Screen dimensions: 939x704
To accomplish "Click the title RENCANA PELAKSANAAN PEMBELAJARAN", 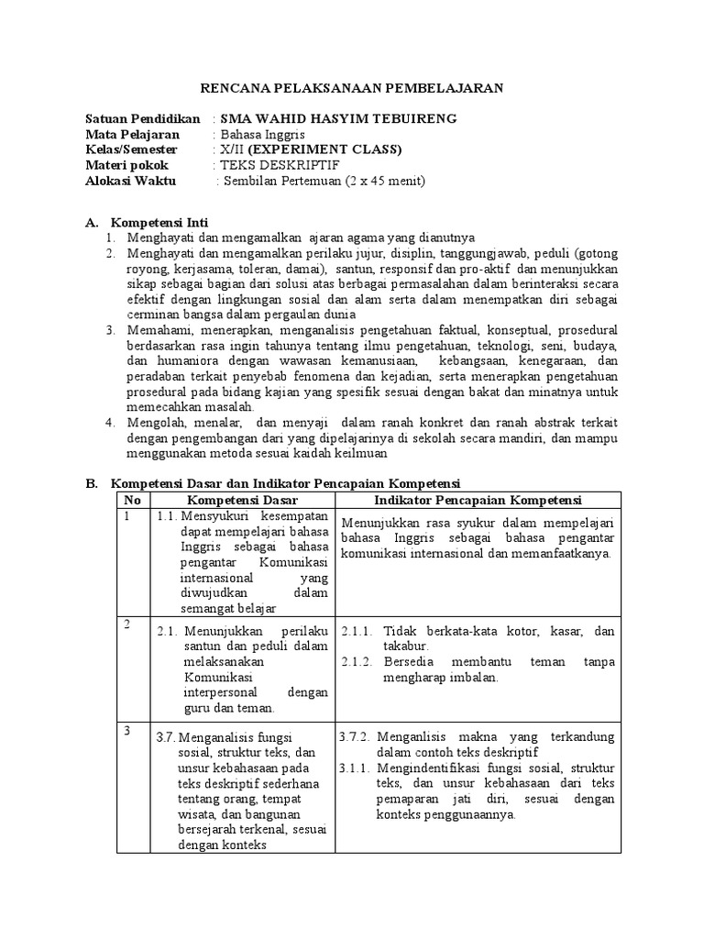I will pos(352,88).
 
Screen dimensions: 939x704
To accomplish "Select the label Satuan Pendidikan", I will pos(142,119).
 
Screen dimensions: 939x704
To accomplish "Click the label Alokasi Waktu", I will pos(128,180).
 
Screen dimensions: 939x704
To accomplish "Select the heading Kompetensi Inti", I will pos(159,223).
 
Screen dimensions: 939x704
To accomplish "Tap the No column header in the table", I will pos(134,500).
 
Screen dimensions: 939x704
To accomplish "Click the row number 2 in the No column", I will pos(127,624).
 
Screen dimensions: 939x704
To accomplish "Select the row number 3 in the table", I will pos(127,731).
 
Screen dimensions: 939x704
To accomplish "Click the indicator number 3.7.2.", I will pos(354,736).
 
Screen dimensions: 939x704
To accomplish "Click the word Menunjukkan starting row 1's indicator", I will pos(374,524).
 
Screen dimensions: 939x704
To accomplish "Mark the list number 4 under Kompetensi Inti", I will pos(109,423).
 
